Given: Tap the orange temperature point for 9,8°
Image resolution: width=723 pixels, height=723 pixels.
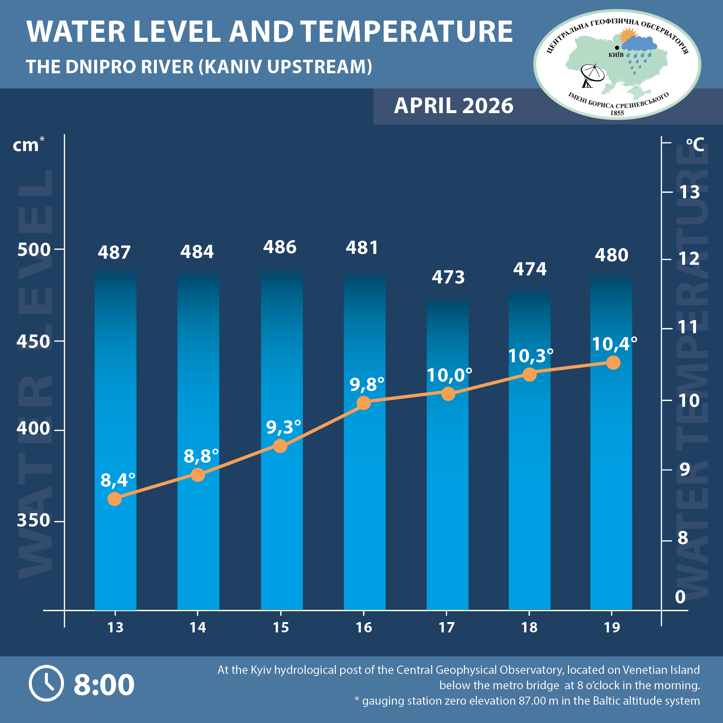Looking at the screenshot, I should (x=363, y=403).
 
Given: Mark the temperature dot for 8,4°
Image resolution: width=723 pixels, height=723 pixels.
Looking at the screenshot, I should (x=114, y=499).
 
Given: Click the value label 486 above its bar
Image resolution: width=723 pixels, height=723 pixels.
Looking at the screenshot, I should (x=280, y=247).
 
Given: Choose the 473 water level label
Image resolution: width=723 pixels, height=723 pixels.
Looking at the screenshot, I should (x=448, y=277).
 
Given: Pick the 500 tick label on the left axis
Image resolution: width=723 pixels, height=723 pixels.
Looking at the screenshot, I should (x=34, y=250).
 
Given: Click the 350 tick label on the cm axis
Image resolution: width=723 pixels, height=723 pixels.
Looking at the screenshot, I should (x=33, y=520).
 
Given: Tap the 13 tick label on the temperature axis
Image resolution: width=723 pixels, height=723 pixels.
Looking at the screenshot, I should (x=689, y=192).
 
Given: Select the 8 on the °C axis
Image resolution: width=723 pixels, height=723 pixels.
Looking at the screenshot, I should (x=683, y=538).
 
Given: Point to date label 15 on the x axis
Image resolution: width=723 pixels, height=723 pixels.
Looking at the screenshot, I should (x=281, y=628).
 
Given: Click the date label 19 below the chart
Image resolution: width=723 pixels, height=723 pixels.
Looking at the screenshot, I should (x=612, y=628).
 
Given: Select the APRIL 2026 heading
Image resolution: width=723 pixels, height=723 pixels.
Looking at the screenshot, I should (x=453, y=106).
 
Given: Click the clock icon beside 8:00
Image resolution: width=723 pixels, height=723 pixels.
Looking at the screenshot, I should (x=46, y=683).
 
